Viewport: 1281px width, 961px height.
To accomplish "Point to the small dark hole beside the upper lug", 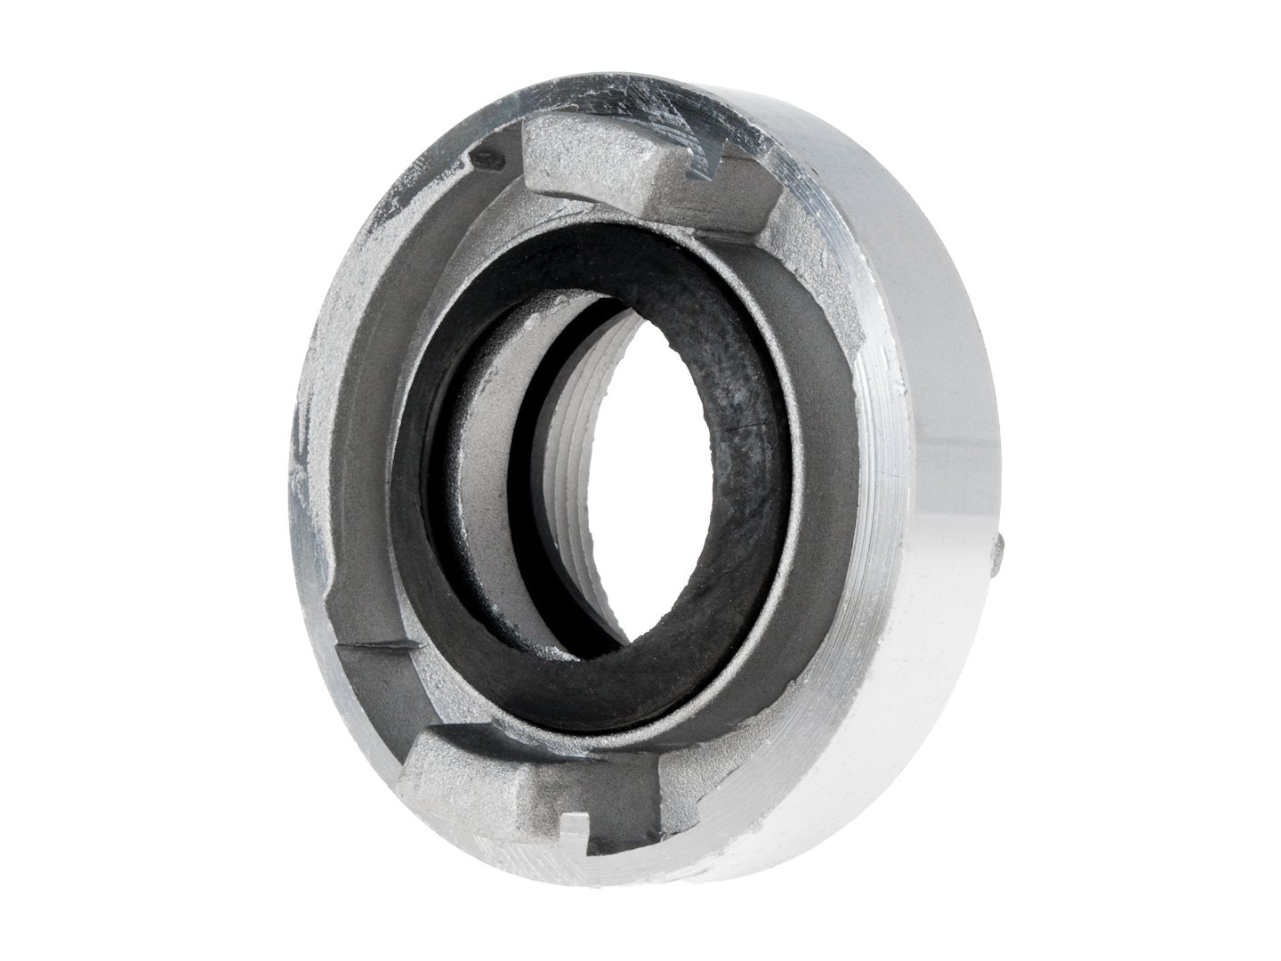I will [486, 159].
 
